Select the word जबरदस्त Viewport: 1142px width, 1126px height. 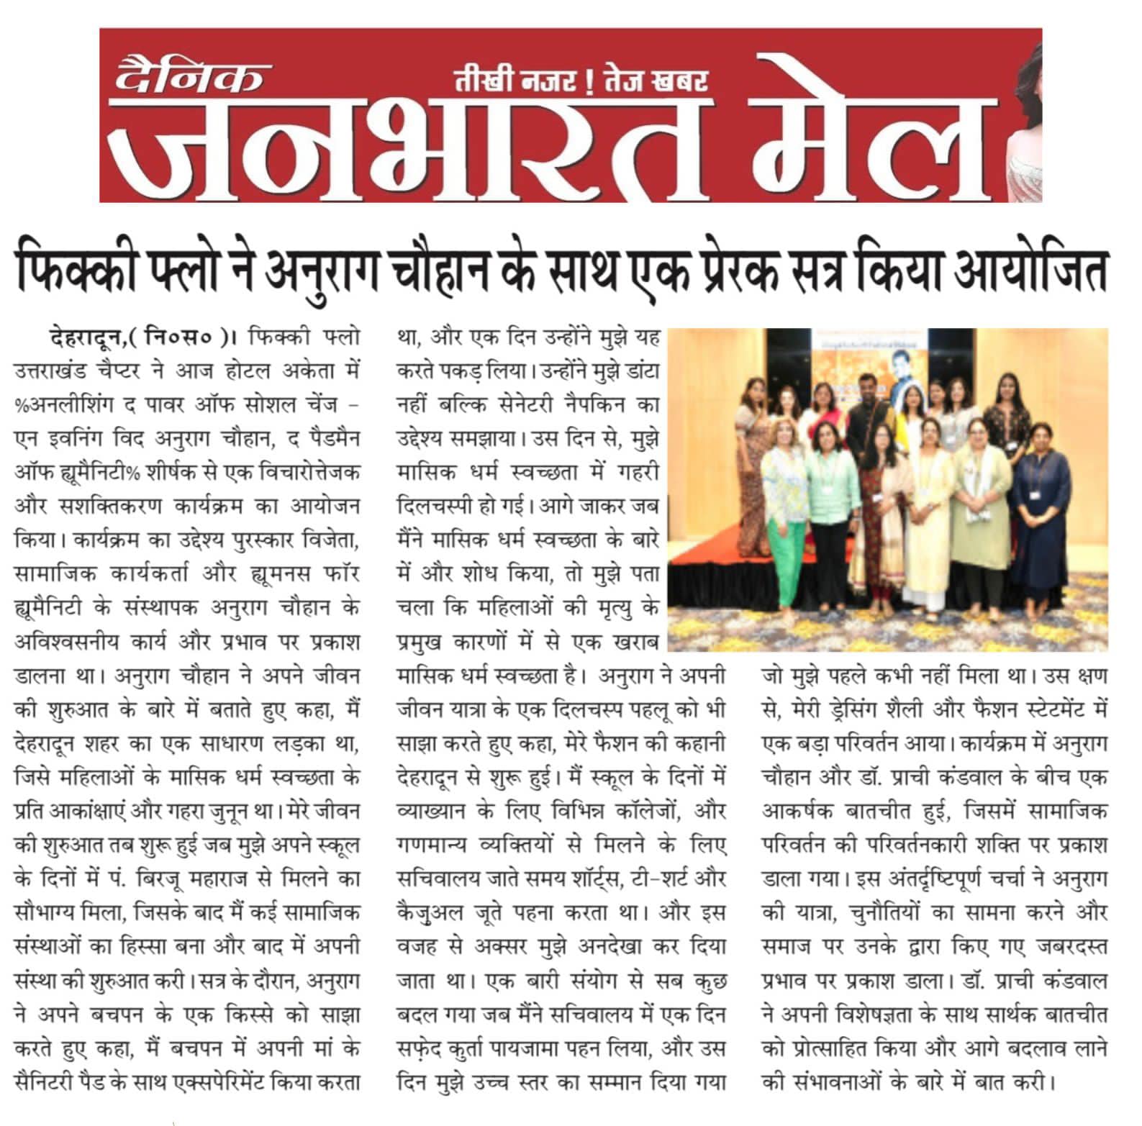(x=1071, y=947)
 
